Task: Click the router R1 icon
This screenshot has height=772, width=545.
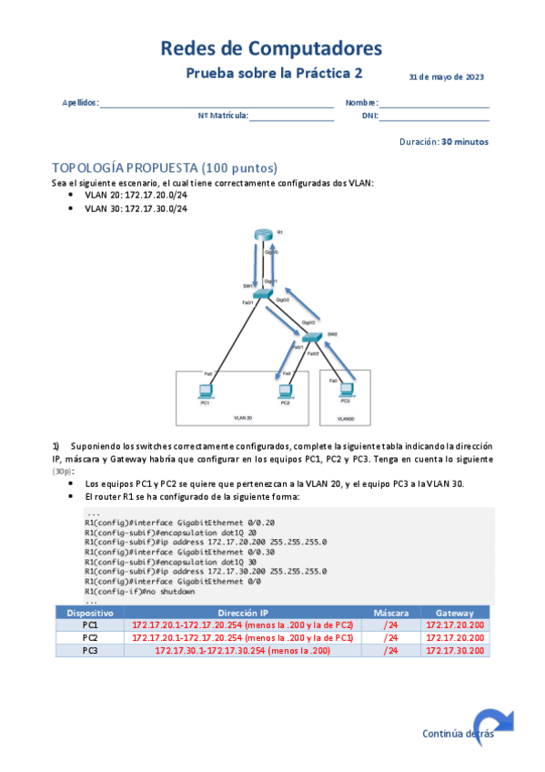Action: point(264,237)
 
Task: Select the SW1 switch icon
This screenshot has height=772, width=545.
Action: point(263,294)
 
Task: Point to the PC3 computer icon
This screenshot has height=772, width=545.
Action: point(346,389)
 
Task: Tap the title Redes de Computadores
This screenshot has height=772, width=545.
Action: point(271,48)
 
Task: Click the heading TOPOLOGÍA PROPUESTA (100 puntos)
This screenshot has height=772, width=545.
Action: point(165,168)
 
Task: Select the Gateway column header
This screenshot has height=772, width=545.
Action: point(454,613)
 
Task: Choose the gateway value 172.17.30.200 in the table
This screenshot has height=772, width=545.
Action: point(454,650)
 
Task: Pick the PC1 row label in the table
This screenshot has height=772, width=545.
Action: point(90,625)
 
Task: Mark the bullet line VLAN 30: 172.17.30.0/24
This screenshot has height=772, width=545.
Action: point(136,208)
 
